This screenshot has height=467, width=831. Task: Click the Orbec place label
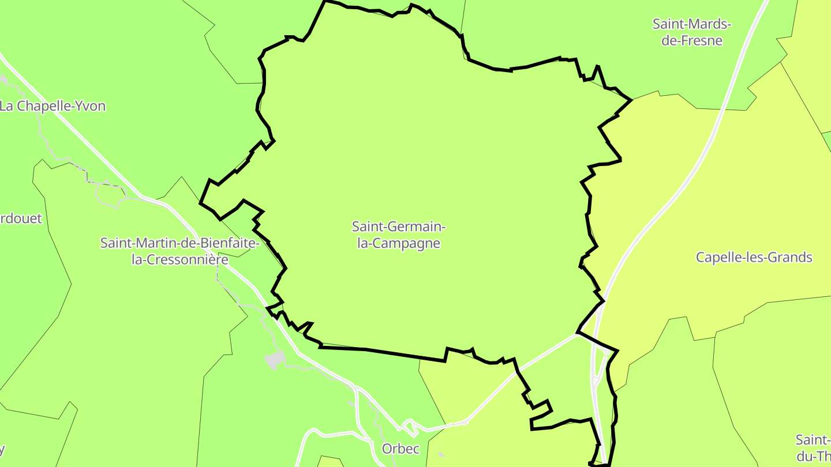tap(400, 449)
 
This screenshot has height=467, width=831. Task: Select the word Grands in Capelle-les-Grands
tap(791, 257)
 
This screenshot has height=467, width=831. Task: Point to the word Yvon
tap(91, 106)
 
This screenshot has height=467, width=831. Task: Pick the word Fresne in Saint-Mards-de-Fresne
tap(701, 41)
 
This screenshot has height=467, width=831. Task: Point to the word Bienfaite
tap(226, 243)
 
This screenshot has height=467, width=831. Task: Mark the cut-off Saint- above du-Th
tap(813, 440)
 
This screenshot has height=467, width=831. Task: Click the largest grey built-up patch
tap(275, 360)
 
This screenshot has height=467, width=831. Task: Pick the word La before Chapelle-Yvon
tap(8, 106)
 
